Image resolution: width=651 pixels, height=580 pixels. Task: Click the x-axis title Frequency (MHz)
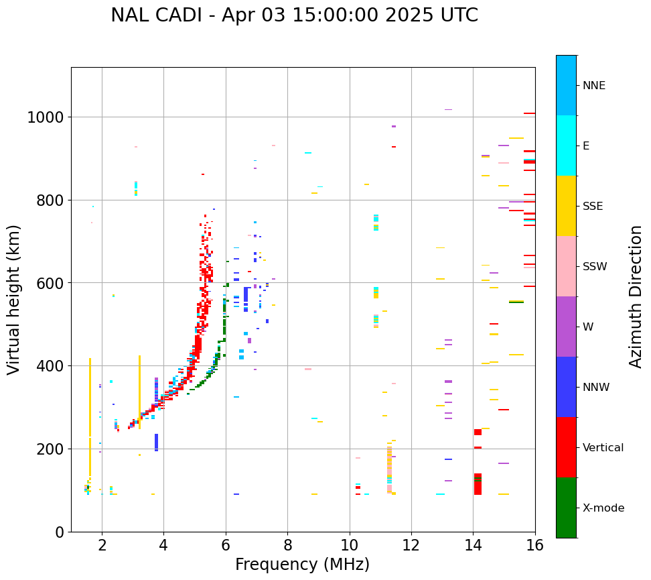[x=302, y=565]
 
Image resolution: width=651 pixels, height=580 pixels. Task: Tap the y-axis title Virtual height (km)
[x=15, y=300]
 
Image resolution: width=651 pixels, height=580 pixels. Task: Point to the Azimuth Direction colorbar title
[x=636, y=296]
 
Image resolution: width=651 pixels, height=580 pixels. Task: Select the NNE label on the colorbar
[x=594, y=86]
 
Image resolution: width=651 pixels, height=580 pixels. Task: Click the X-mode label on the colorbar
[x=603, y=508]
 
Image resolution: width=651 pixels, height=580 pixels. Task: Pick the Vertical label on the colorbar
[x=603, y=448]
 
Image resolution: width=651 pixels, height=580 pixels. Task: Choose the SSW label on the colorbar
[x=595, y=267]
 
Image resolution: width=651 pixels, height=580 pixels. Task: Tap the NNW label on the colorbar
[x=595, y=388]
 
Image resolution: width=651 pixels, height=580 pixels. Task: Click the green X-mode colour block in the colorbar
[x=566, y=508]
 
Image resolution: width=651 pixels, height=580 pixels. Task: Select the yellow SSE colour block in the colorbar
[x=566, y=206]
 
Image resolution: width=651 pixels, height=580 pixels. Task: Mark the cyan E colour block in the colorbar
[x=566, y=146]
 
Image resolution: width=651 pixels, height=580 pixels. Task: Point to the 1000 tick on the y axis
[x=45, y=118]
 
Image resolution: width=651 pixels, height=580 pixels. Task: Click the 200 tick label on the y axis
[x=51, y=449]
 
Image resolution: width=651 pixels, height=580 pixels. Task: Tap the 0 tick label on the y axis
[x=59, y=532]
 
